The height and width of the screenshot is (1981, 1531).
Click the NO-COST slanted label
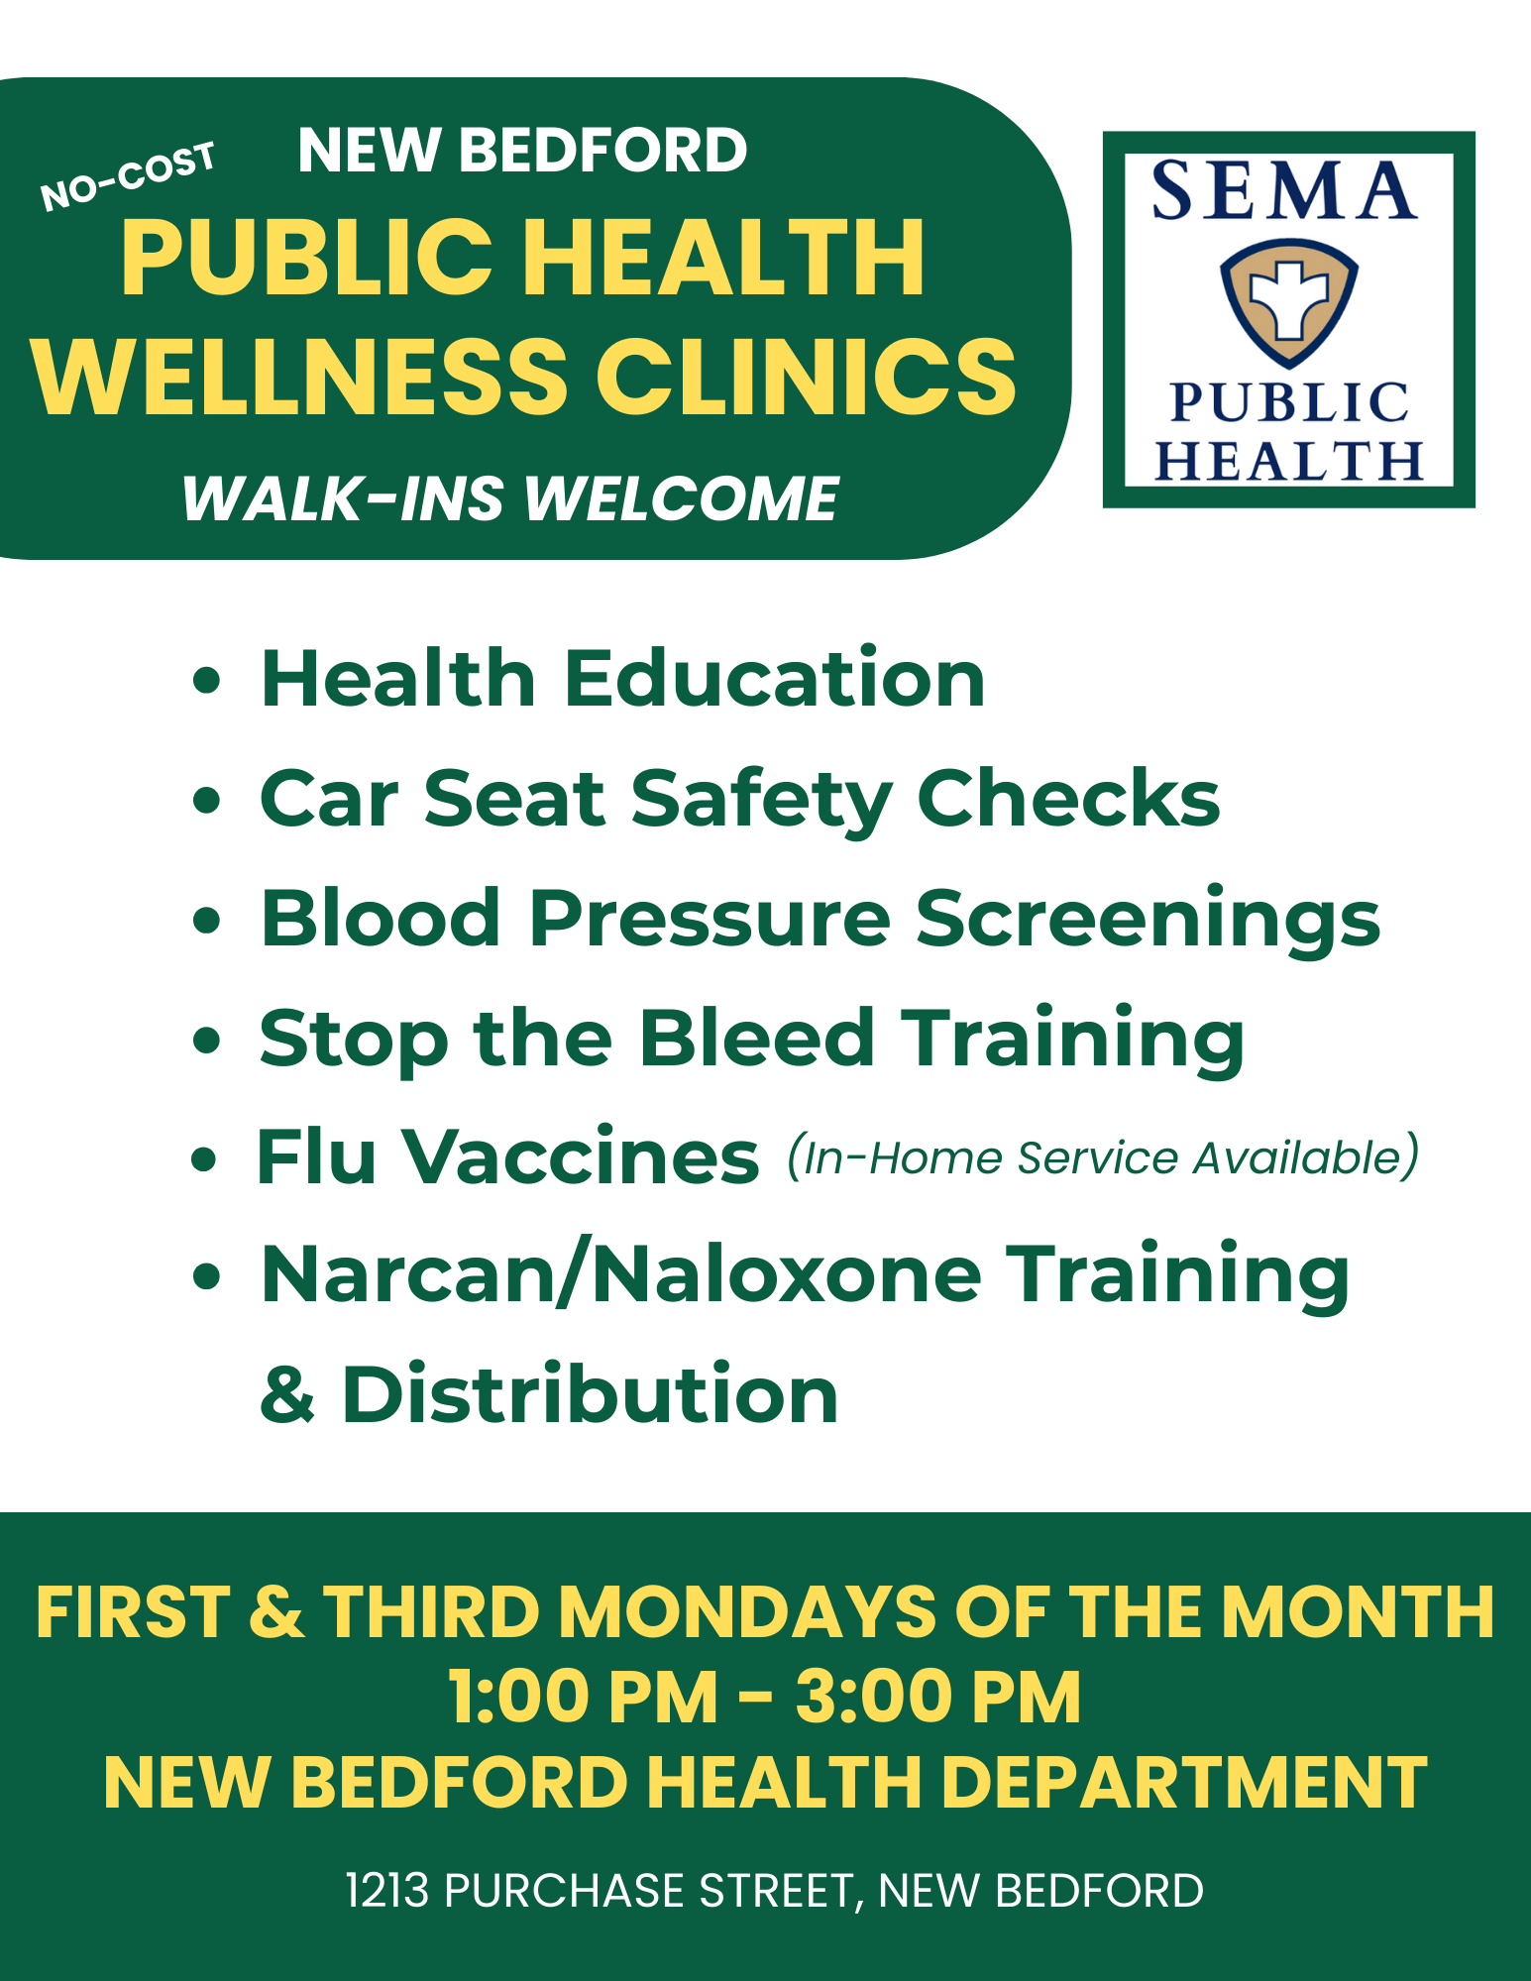[x=128, y=175]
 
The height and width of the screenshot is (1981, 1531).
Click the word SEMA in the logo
[x=1284, y=190]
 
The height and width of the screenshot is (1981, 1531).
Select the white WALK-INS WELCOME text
[x=510, y=497]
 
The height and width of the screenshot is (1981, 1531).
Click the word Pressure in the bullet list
[x=710, y=919]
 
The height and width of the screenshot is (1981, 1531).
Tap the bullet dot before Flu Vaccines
[x=204, y=1158]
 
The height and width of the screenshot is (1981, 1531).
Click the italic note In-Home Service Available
[x=1103, y=1156]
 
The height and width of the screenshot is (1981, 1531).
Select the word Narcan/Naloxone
[x=621, y=1275]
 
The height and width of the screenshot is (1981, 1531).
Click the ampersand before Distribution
[x=287, y=1395]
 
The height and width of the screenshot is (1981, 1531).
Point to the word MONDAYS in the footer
[x=747, y=1612]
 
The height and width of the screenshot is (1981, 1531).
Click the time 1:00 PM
[x=583, y=1698]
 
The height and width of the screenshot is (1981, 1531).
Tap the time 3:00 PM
[x=937, y=1698]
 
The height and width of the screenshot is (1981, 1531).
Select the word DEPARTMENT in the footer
[x=1183, y=1783]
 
